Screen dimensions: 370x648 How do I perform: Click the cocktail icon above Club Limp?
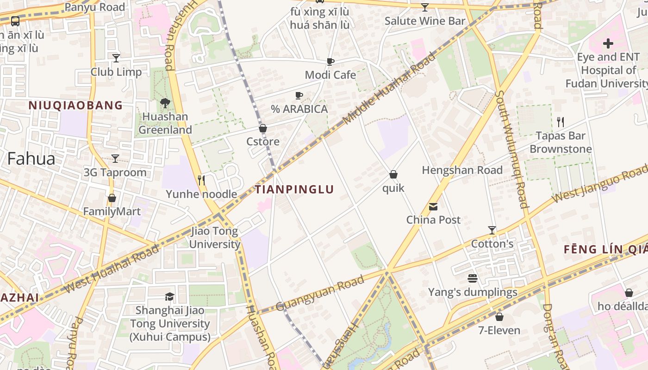coord(116,58)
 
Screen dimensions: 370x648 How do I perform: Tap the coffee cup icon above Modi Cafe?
coord(330,62)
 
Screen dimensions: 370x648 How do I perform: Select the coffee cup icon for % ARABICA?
coord(299,96)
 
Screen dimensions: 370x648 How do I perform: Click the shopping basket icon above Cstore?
coord(263,128)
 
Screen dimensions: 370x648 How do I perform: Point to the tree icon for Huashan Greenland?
coord(165,103)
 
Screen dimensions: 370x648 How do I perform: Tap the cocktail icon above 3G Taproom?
coord(115,159)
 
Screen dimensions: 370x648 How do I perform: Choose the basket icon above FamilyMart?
coord(112,198)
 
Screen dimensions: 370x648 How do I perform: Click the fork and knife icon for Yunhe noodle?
coord(201,180)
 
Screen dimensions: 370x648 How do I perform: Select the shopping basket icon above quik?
coord(393,174)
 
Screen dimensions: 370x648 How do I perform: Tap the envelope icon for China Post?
coord(433,206)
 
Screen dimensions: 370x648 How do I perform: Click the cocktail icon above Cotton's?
coord(492,230)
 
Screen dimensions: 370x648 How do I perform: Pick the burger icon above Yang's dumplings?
coord(473,278)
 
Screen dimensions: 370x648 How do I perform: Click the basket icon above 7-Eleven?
coord(499,317)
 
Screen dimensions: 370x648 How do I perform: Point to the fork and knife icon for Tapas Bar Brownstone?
coord(561,122)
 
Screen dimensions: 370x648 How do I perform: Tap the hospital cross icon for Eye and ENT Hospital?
coord(608,44)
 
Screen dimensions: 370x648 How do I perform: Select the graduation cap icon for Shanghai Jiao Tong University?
coord(170,296)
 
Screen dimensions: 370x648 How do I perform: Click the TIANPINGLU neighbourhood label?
coord(294,189)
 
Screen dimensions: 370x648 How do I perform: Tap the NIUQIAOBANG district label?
coord(76,105)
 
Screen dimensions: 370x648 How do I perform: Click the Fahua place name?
coord(31,159)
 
